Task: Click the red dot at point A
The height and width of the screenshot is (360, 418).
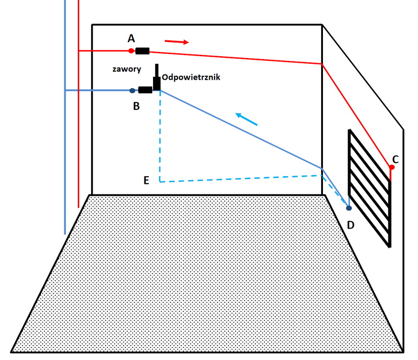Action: point(131,50)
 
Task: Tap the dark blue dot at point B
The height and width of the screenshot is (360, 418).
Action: point(132,90)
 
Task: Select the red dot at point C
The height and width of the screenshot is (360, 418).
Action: point(392,167)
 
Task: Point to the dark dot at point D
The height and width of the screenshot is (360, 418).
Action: point(349,208)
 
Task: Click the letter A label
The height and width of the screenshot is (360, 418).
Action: point(131,38)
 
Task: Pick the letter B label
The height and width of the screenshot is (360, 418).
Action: point(136,107)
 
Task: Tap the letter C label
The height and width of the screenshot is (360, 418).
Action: point(395,158)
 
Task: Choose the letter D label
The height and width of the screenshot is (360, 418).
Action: point(351,225)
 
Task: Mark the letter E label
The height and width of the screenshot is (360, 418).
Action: point(147,180)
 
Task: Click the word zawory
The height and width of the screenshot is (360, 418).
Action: point(127,69)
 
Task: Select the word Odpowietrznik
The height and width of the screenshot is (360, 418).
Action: point(191,77)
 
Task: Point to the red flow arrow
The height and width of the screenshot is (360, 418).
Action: point(177,42)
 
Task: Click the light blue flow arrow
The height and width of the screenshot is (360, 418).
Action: point(246,119)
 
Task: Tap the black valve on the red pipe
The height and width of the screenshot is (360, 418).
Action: point(142,51)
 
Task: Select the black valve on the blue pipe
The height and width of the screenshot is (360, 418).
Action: point(145,90)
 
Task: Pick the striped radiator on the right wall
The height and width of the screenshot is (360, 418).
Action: point(369,187)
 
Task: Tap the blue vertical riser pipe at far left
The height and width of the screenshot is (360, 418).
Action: point(65,144)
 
